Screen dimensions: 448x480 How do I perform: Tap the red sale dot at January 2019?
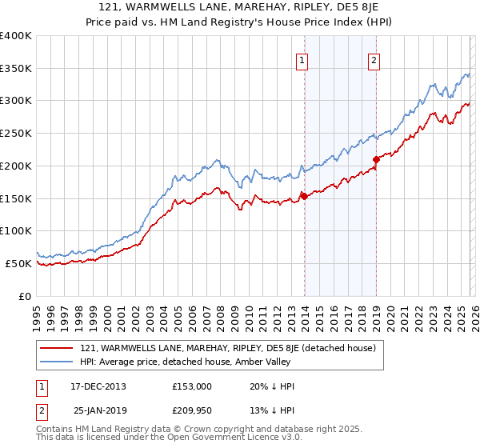point(376,159)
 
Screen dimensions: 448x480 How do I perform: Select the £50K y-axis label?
point(18,263)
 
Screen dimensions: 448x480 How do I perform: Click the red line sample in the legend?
point(57,348)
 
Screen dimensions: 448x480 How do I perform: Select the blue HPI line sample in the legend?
point(57,362)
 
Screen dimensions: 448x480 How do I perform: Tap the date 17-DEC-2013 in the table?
point(98,386)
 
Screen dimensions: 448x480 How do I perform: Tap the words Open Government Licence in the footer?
point(223,438)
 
